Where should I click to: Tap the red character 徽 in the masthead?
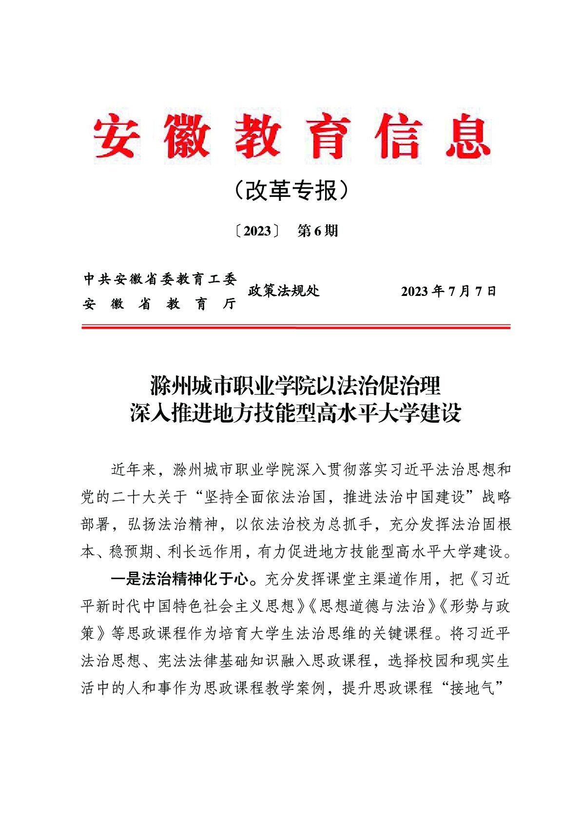point(187,137)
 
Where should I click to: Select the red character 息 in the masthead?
point(467,137)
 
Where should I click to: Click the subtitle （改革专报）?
point(291,191)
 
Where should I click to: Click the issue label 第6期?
point(317,231)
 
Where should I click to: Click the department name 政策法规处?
point(284,292)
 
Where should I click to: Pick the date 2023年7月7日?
point(448,292)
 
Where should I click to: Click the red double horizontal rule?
point(295,327)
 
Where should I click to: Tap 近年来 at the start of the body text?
point(134,470)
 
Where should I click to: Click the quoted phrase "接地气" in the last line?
point(472,688)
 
